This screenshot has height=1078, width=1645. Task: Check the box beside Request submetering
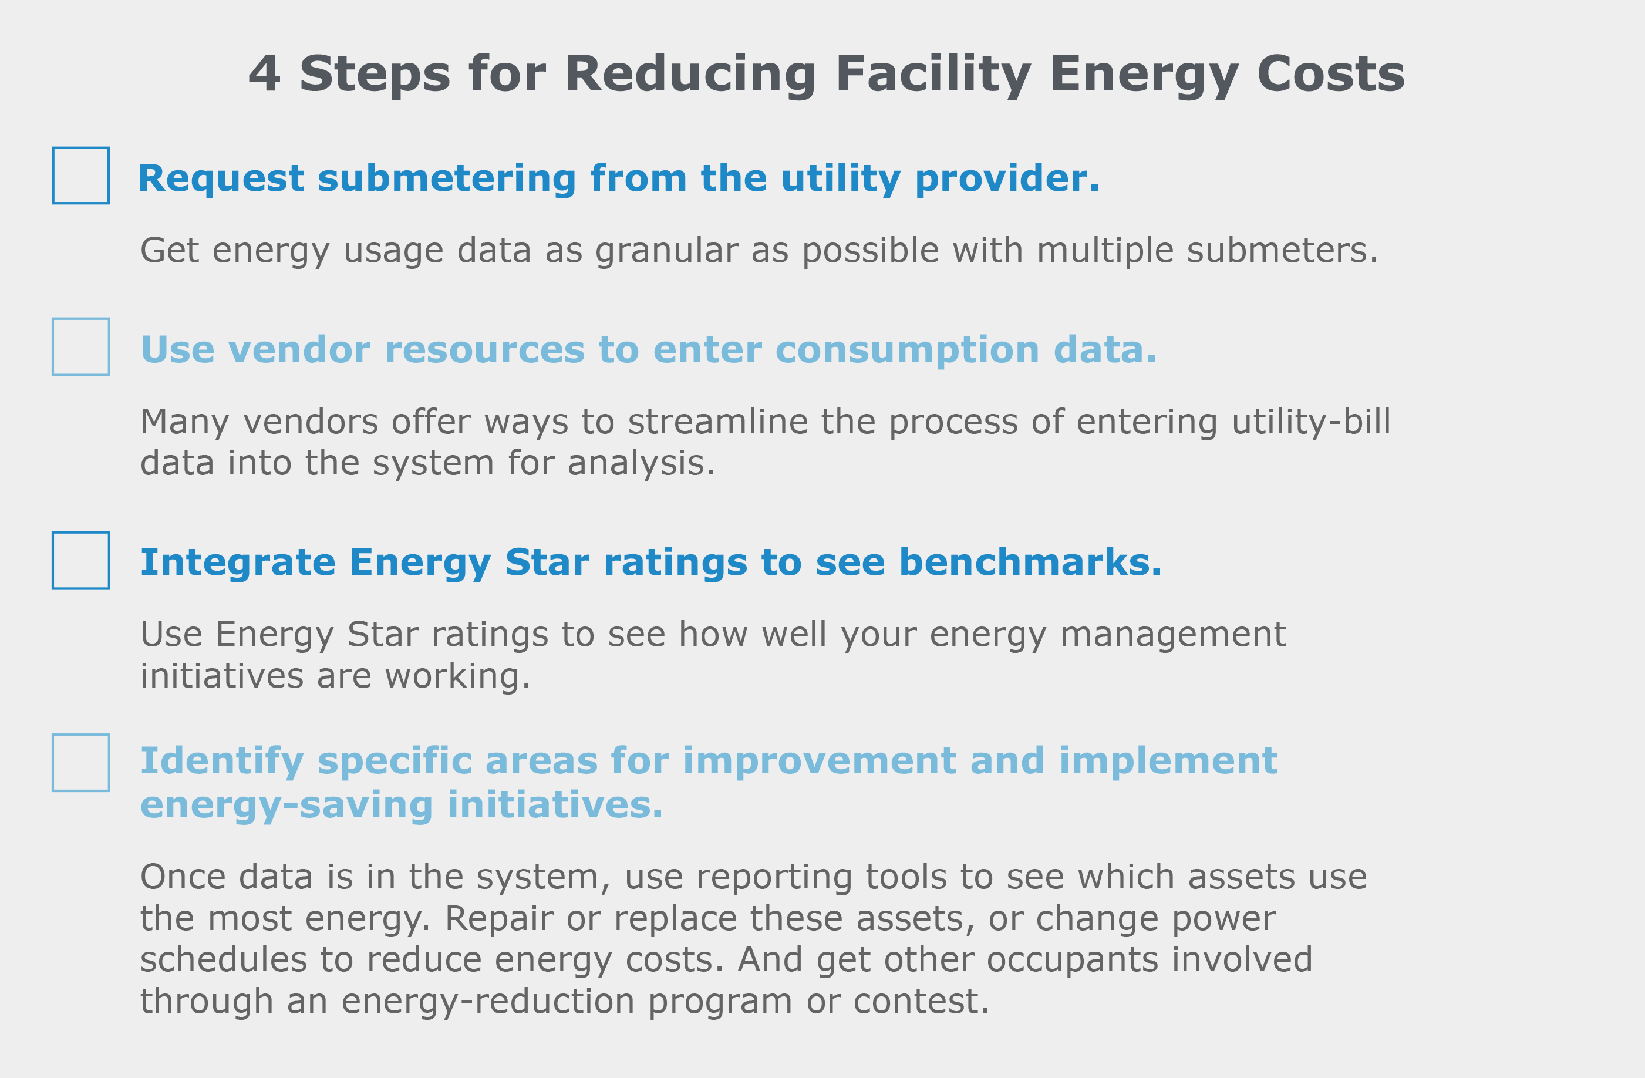click(81, 176)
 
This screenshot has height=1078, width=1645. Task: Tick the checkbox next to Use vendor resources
click(81, 347)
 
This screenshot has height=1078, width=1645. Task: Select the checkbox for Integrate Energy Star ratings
click(81, 561)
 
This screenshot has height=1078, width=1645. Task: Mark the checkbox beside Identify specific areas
click(81, 763)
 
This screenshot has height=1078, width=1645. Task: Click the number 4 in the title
click(265, 74)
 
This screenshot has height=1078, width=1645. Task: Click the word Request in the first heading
click(221, 180)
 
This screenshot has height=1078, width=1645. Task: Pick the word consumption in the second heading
click(908, 351)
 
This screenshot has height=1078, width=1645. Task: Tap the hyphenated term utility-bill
click(1311, 423)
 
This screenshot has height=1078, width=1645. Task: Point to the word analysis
click(641, 464)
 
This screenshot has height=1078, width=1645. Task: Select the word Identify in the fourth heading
click(222, 762)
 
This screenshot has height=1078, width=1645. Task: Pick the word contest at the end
click(921, 1002)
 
